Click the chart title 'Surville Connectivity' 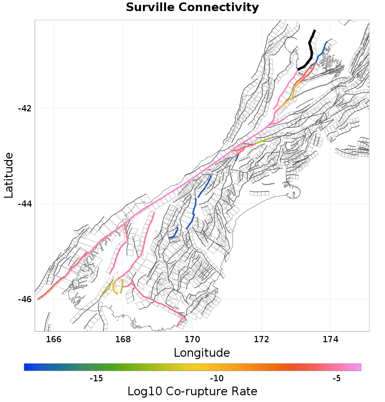point(192,8)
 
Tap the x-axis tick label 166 point(54,339)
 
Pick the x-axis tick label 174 point(331,339)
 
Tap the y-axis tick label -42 point(25,108)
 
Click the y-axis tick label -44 point(25,204)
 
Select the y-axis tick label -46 point(25,299)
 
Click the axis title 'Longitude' point(202,353)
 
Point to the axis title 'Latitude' point(9,175)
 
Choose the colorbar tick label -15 point(96,378)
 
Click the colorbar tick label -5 point(337,378)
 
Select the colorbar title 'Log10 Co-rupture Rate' point(192,391)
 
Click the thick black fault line point(311,48)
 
